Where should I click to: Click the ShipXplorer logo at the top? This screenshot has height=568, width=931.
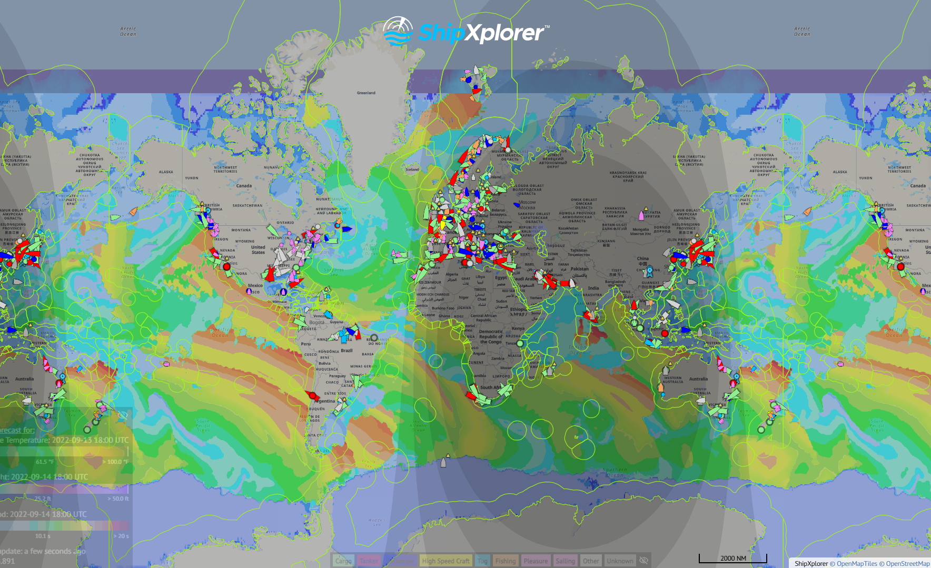point(466,32)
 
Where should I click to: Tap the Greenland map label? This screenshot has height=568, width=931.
point(366,93)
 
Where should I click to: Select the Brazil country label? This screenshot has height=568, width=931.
point(346,351)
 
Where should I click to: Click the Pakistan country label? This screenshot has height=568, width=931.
point(579,269)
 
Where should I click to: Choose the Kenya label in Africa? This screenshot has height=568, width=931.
point(518,328)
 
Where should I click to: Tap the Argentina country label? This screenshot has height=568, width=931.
point(324,401)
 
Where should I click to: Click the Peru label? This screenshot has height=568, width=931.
point(305,344)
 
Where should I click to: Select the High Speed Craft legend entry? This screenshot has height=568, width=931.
point(445,561)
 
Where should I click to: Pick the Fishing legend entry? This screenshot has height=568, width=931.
point(506,561)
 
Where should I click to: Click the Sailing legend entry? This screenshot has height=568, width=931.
point(565,561)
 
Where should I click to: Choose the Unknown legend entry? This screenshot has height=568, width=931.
point(620,561)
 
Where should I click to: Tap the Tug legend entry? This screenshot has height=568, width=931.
point(482,561)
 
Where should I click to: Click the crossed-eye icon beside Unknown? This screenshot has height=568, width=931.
point(643,561)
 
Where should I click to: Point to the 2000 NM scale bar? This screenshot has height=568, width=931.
point(733,559)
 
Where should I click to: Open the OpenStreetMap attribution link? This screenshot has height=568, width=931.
point(907,563)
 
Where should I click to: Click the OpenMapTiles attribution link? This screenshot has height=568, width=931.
point(857,563)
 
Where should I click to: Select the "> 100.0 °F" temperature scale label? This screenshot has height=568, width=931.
point(115,462)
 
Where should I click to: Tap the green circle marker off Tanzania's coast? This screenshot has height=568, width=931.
point(520,343)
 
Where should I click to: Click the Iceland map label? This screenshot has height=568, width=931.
point(412,170)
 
